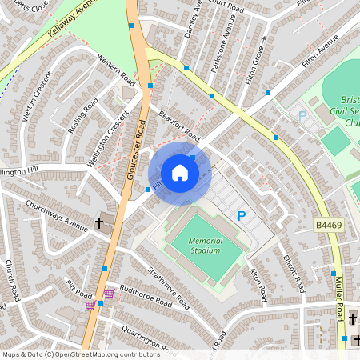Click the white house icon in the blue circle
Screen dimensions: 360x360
[180, 173]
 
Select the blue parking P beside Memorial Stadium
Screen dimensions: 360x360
[241, 215]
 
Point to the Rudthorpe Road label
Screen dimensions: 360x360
[145, 295]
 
